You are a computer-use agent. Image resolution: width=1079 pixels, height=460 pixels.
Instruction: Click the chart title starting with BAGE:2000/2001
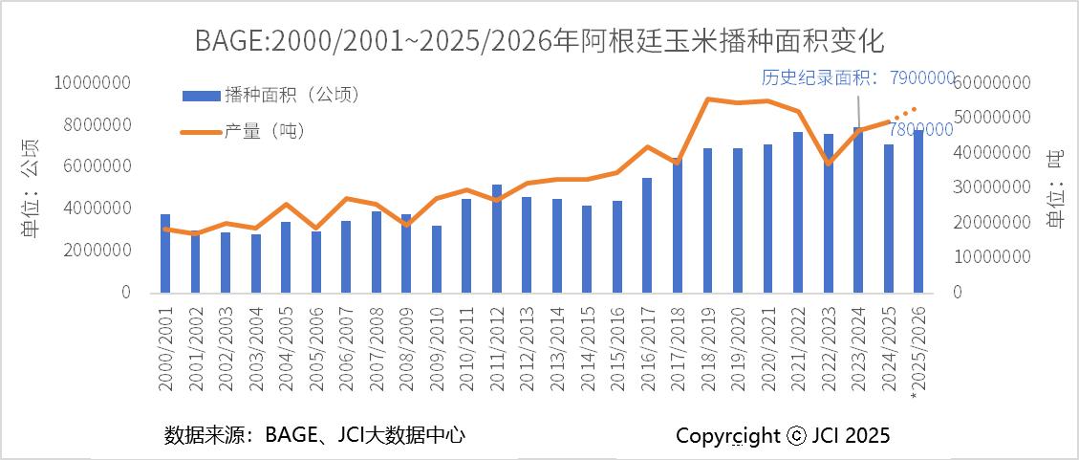pos(539,41)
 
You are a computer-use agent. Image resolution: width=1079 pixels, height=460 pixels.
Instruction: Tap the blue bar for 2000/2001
pos(165,253)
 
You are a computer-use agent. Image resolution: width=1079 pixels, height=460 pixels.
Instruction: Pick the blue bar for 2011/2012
pos(497,238)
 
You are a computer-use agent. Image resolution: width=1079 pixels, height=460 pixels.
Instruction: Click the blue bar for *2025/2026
pos(918,211)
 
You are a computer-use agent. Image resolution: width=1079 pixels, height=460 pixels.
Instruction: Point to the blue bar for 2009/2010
pos(437,258)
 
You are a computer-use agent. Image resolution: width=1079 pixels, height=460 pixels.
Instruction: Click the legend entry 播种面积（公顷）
pos(271,94)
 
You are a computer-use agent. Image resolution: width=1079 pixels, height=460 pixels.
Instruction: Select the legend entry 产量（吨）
pos(245,131)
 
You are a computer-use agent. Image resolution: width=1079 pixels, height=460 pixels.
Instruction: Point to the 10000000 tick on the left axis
pos(93,83)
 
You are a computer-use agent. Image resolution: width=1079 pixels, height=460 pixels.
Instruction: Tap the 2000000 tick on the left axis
pos(97,250)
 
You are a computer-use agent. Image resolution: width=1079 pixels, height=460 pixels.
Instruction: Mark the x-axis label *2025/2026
pos(918,350)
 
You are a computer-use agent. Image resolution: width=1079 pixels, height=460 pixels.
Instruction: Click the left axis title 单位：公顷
pos(31,187)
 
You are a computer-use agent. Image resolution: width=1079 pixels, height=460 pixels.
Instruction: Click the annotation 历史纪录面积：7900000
pos(857,77)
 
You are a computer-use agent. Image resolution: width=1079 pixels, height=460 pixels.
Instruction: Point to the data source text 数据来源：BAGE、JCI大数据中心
pos(315,435)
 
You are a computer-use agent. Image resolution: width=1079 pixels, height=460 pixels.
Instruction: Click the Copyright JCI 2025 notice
pos(783,436)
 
